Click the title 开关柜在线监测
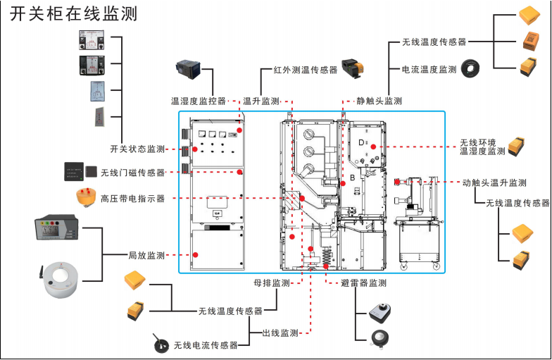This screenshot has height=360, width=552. (73, 13)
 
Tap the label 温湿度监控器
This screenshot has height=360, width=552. (199, 101)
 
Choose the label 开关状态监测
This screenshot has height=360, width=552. (137, 149)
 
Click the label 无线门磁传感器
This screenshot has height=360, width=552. (132, 173)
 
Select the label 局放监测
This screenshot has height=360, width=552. (146, 255)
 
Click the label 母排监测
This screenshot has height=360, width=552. (272, 283)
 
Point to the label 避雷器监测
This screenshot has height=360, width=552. (363, 283)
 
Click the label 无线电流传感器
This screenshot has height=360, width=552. (206, 345)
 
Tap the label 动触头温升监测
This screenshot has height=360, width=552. (494, 183)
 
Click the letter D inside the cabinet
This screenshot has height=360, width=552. (360, 143)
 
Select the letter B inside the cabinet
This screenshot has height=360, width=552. (353, 178)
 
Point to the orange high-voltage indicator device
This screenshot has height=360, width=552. (86, 197)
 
